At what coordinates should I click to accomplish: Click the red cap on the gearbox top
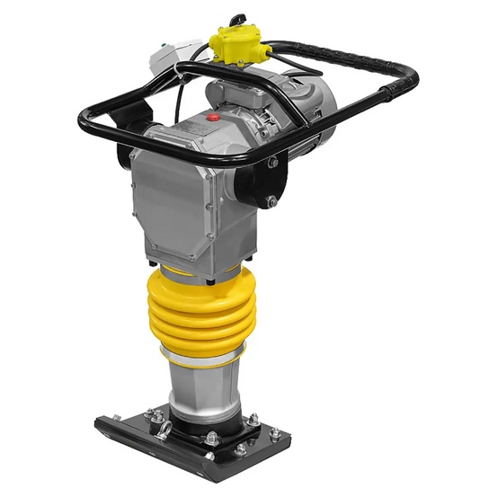[215, 117]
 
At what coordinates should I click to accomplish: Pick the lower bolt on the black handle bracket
[272, 202]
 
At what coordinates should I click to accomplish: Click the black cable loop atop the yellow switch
[236, 19]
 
